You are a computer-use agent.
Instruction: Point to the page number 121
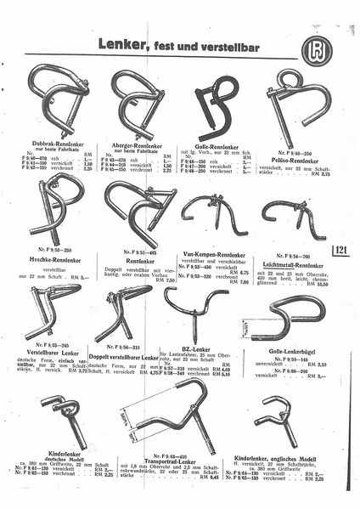(340, 250)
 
